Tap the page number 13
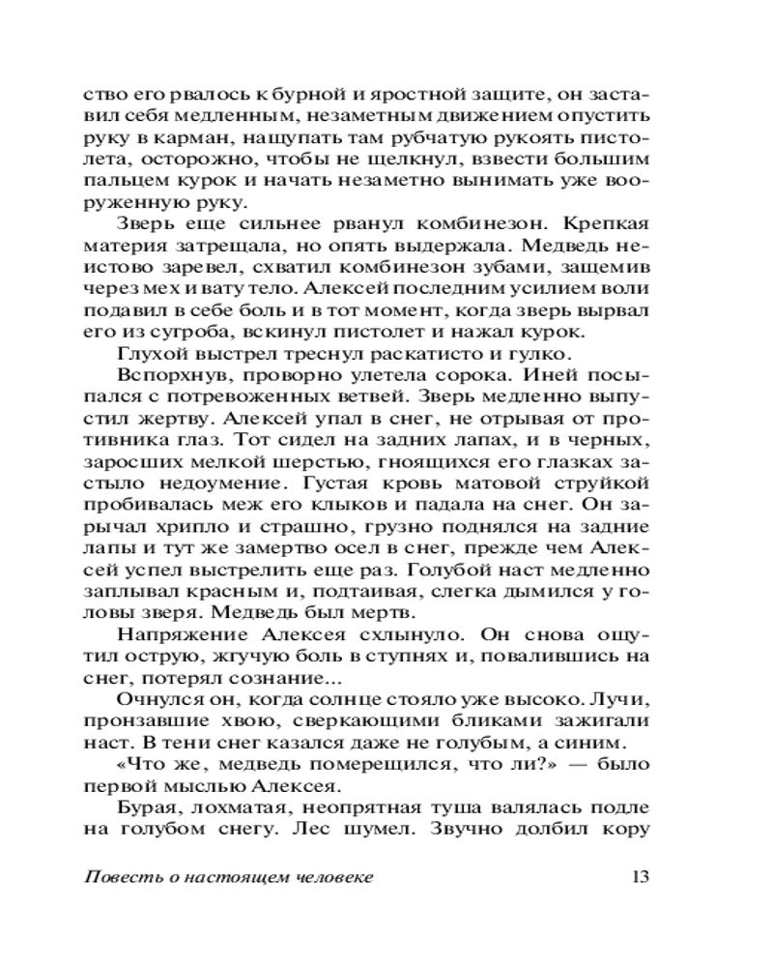click(x=640, y=877)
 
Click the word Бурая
click(x=144, y=806)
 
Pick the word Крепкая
click(x=605, y=224)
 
